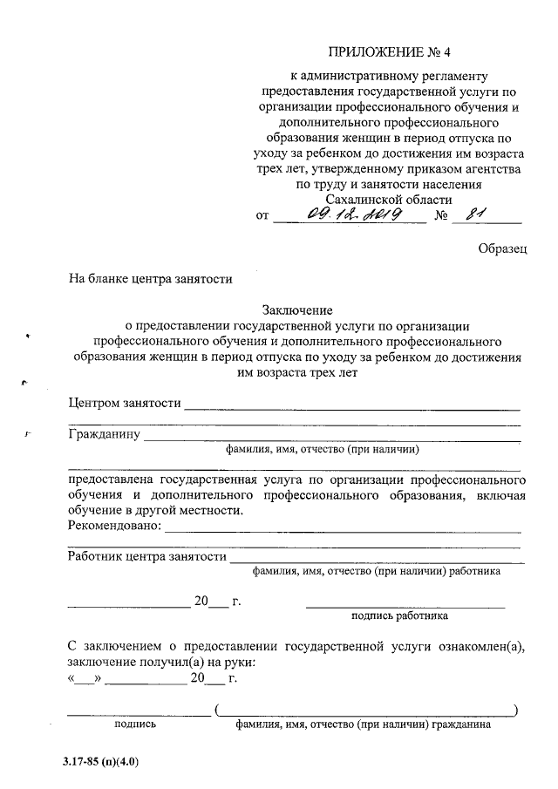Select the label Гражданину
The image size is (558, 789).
pyautogui.click(x=104, y=434)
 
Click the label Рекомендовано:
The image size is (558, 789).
pyautogui.click(x=114, y=525)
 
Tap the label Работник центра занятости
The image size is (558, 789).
pyautogui.click(x=146, y=555)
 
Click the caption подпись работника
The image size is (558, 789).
pyautogui.click(x=399, y=616)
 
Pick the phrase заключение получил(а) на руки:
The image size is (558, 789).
pyautogui.click(x=149, y=662)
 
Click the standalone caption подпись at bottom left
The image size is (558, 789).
pyautogui.click(x=135, y=724)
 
